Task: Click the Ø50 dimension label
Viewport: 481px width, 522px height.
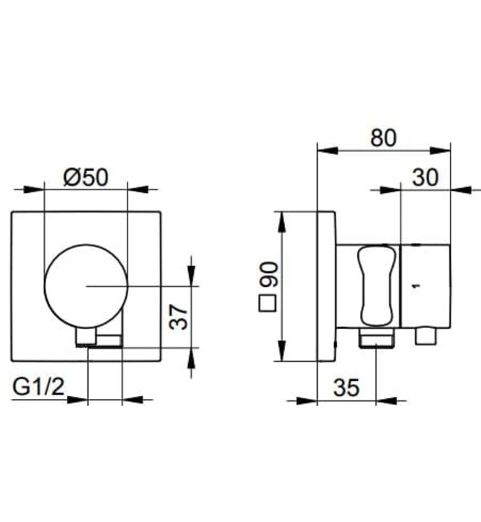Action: pos(86,177)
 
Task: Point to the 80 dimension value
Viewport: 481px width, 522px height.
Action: pos(384,137)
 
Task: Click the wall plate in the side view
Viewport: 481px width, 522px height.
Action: pos(327,286)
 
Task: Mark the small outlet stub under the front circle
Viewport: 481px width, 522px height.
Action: pos(98,340)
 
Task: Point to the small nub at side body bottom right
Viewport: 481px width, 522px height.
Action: pos(427,338)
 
